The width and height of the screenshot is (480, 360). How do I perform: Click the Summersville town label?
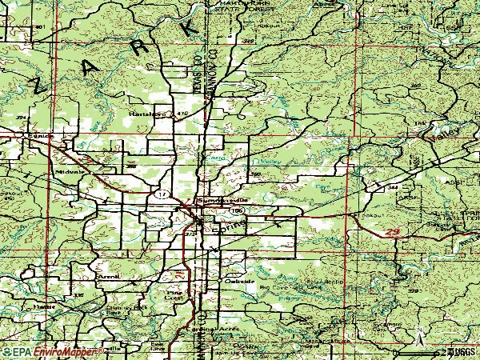(x=218, y=201)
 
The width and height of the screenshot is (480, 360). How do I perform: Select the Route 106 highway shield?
(x=237, y=210)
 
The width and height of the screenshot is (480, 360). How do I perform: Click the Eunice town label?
(x=38, y=137)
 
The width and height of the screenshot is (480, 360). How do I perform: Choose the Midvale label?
(x=66, y=171)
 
